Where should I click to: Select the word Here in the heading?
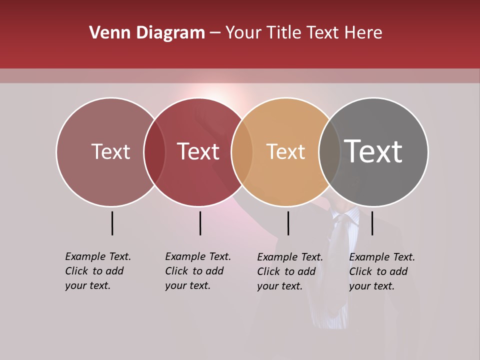tap(363, 33)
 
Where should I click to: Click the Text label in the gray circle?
tap(373, 151)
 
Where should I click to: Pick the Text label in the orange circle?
tap(285, 151)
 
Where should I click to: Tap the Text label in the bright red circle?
tap(198, 151)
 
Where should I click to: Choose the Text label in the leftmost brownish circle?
tap(110, 151)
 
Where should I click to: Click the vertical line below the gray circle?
tap(372, 223)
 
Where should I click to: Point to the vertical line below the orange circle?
tap(288, 223)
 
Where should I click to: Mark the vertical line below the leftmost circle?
tap(112, 223)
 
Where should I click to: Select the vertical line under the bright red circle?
tap(200, 223)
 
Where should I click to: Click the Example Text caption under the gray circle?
tap(382, 271)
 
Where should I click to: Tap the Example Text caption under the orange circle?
tap(290, 271)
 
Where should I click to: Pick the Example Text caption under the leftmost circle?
tap(98, 271)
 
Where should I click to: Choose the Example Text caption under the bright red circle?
tap(198, 271)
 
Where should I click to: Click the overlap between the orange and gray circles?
tap(329, 151)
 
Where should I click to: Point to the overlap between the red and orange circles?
tap(242, 151)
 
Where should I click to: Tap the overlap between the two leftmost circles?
tap(154, 151)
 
